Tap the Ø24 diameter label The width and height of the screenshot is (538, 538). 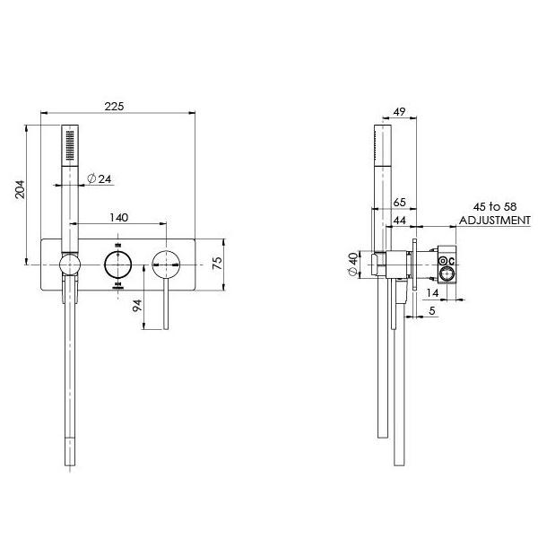pos(100,179)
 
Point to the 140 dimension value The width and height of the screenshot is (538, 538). pos(117,217)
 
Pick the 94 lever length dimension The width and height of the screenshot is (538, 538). pos(136,304)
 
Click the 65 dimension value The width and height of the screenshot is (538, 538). pos(400,204)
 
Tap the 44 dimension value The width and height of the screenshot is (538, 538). pos(400,221)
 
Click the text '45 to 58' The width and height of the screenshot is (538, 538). pos(494,206)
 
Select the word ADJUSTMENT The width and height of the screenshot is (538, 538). pos(494,220)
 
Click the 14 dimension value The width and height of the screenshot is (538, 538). pos(432,293)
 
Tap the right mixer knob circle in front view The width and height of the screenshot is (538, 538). pos(165,265)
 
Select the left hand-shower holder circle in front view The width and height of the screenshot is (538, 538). pos(69,265)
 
